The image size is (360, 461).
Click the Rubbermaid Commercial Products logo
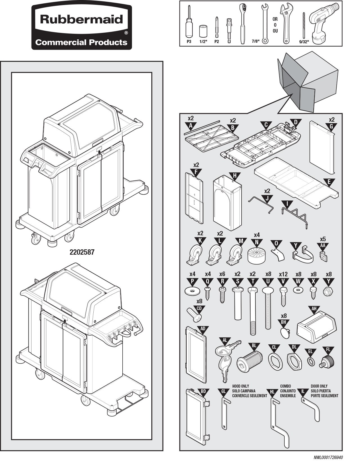pyautogui.click(x=82, y=27)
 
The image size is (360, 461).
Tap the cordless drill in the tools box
pyautogui.click(x=324, y=22)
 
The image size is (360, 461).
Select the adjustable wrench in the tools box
pyautogui.click(x=286, y=24)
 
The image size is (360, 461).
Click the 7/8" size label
pyautogui.click(x=255, y=41)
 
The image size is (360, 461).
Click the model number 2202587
pyautogui.click(x=82, y=252)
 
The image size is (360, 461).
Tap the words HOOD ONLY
pyautogui.click(x=240, y=386)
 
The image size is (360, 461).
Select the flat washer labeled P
pyautogui.click(x=192, y=291)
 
